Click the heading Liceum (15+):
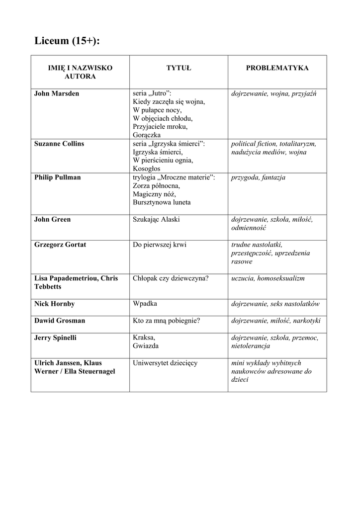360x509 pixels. click(x=67, y=41)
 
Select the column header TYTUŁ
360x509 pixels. click(x=179, y=68)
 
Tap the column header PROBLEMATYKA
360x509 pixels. click(x=277, y=68)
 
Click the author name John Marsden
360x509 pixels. click(x=57, y=93)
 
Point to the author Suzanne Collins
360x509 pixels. click(x=59, y=144)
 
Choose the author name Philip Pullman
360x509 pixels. click(x=57, y=177)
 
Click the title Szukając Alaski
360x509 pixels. click(x=156, y=220)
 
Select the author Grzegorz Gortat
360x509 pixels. click(x=60, y=245)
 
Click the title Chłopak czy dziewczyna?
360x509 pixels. click(x=171, y=278)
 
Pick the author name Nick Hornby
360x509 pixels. click(x=55, y=304)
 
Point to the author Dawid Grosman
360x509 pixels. click(x=60, y=321)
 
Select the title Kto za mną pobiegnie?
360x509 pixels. click(x=167, y=321)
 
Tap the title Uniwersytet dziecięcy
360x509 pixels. click(x=165, y=363)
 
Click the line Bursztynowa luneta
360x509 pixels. click(x=162, y=203)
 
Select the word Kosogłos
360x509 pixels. click(x=147, y=169)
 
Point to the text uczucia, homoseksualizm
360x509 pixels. click(x=268, y=278)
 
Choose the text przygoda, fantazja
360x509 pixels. click(x=258, y=177)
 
